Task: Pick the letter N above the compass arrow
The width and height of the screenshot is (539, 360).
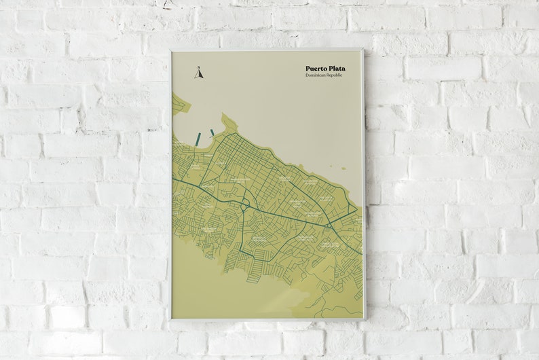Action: [x=199, y=67]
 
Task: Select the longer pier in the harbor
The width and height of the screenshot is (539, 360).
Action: [x=198, y=139]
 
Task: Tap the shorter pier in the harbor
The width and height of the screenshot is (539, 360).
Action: [x=212, y=132]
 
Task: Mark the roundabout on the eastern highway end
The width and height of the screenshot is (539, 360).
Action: [x=329, y=224]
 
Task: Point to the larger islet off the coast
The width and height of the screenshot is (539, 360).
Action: [x=342, y=168]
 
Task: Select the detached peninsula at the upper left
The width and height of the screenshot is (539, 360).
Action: [x=180, y=104]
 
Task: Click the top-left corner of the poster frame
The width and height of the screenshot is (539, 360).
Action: [x=170, y=50]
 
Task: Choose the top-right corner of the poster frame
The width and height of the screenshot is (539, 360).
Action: [x=364, y=50]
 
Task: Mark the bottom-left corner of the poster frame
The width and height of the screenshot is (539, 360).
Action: [x=170, y=321]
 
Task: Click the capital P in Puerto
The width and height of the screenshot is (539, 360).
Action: [x=308, y=69]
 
